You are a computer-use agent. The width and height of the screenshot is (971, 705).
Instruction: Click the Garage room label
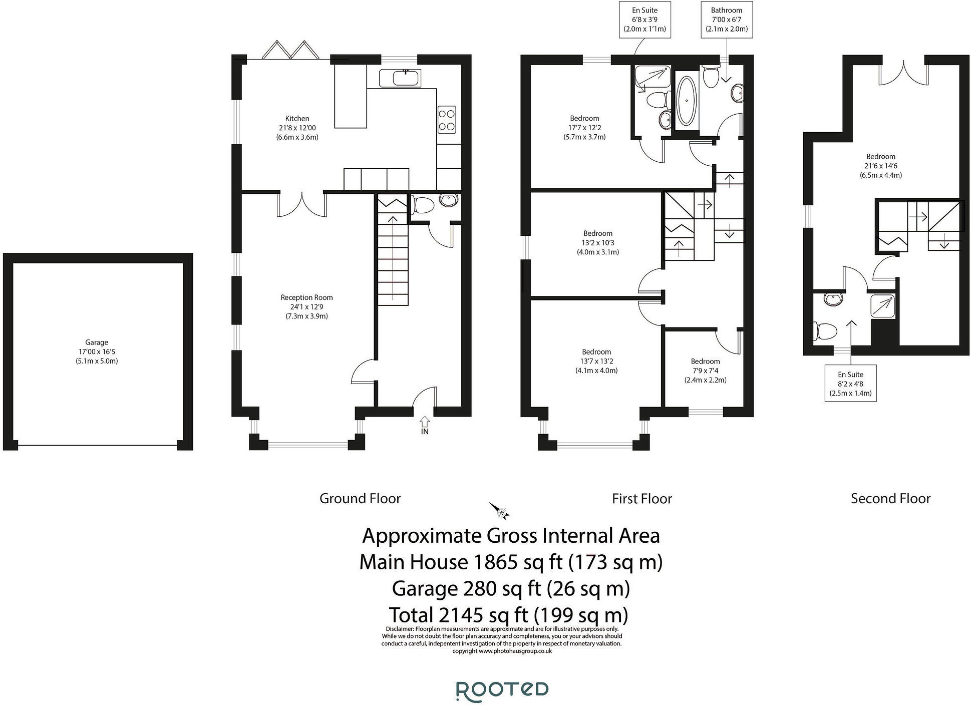pos(97,351)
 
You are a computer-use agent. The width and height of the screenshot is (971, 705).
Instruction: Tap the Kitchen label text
pos(297,128)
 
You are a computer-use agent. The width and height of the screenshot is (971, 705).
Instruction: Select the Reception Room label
pos(306,306)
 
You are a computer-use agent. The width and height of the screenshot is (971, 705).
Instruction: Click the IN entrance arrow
pos(425,425)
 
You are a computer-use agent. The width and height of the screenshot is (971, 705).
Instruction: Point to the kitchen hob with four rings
pos(447,120)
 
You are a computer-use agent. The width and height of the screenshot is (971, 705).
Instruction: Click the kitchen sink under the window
pos(400,78)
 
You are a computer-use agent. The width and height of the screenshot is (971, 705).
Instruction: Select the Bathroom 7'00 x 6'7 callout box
pos(727,20)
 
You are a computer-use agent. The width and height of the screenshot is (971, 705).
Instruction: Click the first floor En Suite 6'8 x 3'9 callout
pos(644,20)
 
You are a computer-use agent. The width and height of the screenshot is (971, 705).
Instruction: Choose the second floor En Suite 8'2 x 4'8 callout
pos(850,384)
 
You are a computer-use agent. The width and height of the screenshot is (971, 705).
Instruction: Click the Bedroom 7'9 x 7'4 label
pos(705,371)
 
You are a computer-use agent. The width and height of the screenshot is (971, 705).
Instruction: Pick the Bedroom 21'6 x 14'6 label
pos(880,166)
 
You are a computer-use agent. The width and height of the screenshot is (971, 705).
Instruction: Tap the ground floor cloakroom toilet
pos(423,205)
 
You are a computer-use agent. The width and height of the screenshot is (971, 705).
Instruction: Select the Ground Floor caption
pos(360,499)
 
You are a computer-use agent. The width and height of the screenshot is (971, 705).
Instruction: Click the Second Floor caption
pos(890,499)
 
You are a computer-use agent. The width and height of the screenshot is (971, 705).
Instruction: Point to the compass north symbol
pos(500,511)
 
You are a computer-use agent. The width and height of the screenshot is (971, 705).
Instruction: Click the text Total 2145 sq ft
pos(508,614)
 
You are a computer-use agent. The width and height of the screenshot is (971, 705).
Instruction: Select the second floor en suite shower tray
pos(883,305)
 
